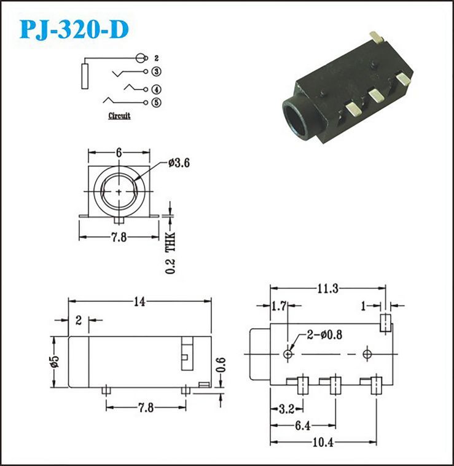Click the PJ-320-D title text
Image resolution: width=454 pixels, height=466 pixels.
tap(74, 30)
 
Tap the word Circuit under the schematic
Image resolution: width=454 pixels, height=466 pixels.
tap(119, 116)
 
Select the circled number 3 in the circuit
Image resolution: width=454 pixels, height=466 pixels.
tap(157, 72)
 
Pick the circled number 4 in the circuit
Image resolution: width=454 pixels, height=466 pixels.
tap(157, 90)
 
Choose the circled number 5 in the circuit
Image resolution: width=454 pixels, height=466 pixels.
tap(157, 103)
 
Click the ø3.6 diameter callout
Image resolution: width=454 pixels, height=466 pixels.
tap(179, 163)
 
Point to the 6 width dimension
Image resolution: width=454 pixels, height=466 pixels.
tap(119, 152)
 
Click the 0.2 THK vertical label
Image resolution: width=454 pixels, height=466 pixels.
tap(170, 253)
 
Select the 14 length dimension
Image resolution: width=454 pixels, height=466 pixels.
tap(139, 302)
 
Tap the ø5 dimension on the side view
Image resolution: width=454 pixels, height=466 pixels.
tap(55, 361)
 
